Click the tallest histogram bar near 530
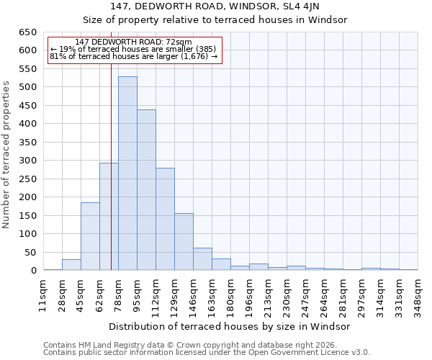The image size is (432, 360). pos(127,173)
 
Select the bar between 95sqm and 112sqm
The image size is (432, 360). pos(146,190)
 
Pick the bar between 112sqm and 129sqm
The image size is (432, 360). pos(165,219)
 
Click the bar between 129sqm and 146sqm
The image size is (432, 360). pos(184,242)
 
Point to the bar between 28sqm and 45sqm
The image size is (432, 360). pos(71,265)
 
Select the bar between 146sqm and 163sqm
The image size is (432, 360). pos(202,259)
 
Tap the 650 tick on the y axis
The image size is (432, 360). pos(27,32)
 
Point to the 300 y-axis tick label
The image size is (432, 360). pos(27,161)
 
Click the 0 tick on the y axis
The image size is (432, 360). pos(33,271)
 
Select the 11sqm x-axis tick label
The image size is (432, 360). pos(43,295)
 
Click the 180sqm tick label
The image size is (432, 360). pos(230,295)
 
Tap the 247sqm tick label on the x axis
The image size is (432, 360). pos(305,295)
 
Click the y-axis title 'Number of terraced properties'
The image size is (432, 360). pos(6,154)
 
